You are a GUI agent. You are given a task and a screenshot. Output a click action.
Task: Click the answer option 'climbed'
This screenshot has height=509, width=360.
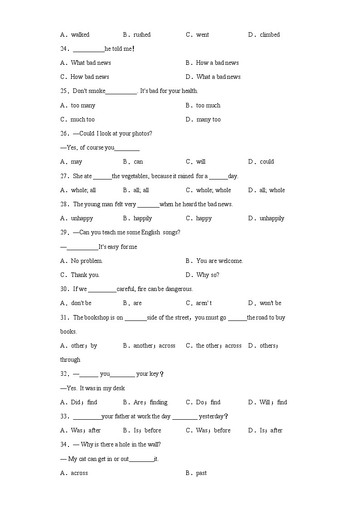click(x=269, y=34)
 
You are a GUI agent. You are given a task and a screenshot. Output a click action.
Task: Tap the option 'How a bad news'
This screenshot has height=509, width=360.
click(x=217, y=63)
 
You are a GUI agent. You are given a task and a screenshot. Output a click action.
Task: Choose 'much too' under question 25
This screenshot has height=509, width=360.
click(x=83, y=119)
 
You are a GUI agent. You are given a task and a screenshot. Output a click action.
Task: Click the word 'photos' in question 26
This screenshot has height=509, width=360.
click(x=141, y=133)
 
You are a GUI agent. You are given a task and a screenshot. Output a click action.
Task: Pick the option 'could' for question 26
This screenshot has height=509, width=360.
click(x=267, y=161)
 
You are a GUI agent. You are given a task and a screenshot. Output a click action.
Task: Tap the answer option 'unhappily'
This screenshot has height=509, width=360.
click(x=272, y=218)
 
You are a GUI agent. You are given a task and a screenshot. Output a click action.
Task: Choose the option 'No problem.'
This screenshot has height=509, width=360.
click(x=87, y=261)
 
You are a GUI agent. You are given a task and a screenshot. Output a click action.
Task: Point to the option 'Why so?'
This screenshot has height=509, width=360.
click(x=208, y=275)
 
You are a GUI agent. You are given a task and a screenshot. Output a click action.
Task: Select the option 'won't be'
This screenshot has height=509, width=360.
click(x=270, y=303)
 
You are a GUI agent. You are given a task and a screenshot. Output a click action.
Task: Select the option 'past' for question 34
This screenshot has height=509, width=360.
click(x=201, y=473)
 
